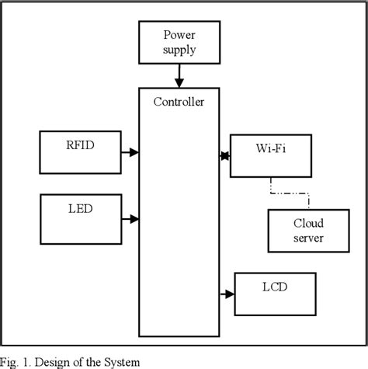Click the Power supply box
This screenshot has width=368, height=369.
179,43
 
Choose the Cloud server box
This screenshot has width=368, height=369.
308,230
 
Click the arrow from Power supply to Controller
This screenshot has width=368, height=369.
179,75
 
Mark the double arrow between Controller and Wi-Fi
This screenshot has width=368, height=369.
226,156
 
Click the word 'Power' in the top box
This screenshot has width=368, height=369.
179,35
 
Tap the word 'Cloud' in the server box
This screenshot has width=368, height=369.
308,222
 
